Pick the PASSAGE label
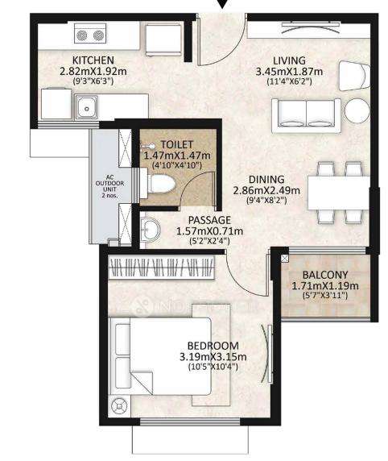208,220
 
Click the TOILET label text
176,143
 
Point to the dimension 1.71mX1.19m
325,285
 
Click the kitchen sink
85,106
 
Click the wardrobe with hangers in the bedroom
165,268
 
